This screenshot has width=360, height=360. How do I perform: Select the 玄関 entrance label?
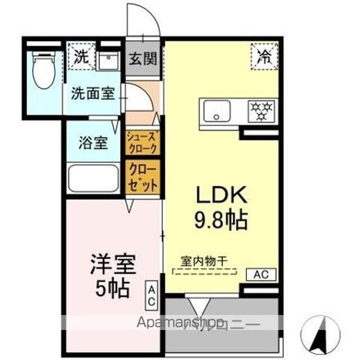[143, 58]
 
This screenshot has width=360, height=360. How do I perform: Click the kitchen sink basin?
[217, 111]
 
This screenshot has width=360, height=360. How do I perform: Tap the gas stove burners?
[262, 111]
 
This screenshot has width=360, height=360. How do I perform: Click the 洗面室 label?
[93, 93]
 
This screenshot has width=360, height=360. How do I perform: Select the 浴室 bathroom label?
[93, 143]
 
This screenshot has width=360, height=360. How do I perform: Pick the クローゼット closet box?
[143, 177]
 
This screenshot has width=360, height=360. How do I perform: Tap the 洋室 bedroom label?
[114, 264]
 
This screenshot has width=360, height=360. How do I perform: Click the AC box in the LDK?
[261, 274]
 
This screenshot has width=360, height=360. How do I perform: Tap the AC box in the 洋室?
[152, 295]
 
